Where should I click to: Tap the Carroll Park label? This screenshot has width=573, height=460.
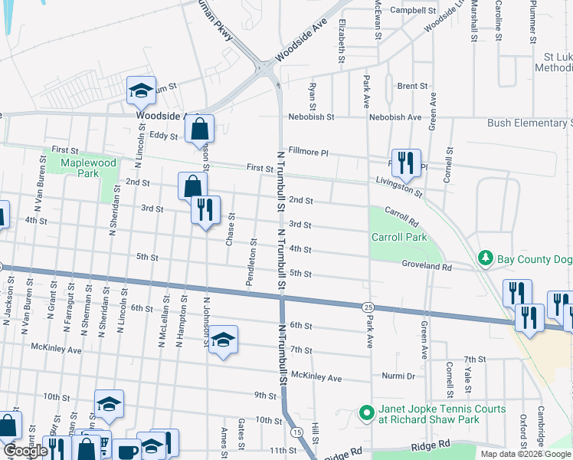point(399,238)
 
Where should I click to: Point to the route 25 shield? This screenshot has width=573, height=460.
point(368,307)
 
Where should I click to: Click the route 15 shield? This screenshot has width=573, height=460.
point(296,432)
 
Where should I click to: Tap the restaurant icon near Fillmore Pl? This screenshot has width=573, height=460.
point(406,162)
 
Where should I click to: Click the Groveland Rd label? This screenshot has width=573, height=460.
point(427,268)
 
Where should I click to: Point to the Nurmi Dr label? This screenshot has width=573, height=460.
point(399,376)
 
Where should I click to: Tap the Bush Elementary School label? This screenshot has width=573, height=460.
point(529,123)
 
